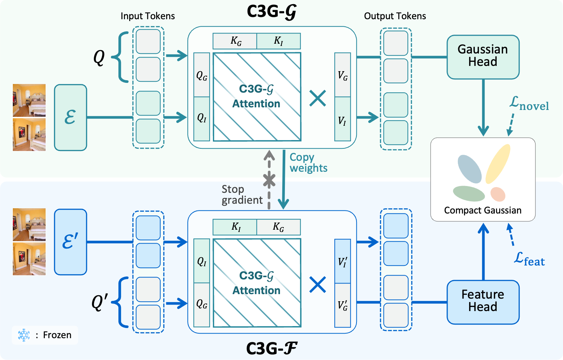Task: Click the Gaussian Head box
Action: click(x=483, y=57)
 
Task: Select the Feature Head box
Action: click(x=483, y=302)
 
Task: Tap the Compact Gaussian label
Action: click(x=483, y=210)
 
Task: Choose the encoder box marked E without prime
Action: click(x=70, y=117)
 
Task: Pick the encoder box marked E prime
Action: click(x=70, y=242)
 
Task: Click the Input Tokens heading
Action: click(x=148, y=16)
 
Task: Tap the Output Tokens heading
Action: click(x=395, y=16)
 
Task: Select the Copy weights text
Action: click(x=308, y=162)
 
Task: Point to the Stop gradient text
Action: click(x=242, y=194)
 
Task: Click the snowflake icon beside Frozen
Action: click(x=24, y=335)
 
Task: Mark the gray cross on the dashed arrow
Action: click(x=269, y=180)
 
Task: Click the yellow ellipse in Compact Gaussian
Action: click(x=498, y=163)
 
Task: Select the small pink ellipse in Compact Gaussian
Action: click(x=498, y=194)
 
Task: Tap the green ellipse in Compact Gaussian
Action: click(x=469, y=193)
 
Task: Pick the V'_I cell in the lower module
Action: click(x=343, y=261)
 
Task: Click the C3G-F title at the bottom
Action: click(x=271, y=348)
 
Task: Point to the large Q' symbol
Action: click(x=99, y=302)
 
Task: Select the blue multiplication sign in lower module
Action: click(x=318, y=285)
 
